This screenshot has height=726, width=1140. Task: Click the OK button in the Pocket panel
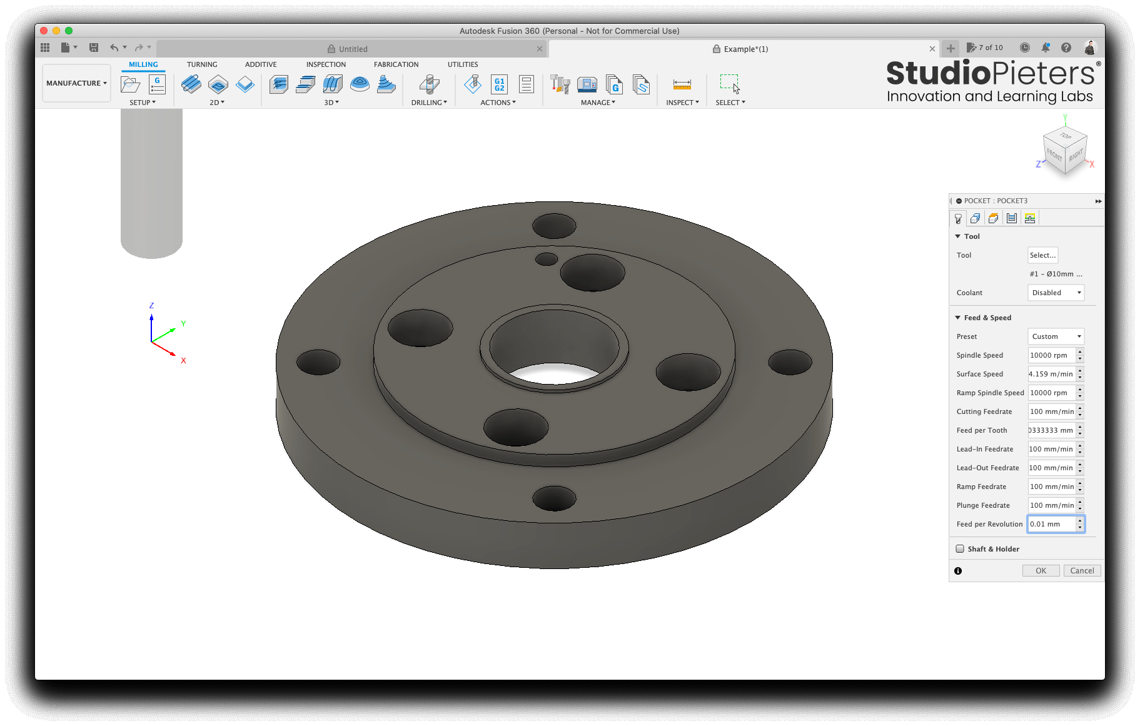click(x=1041, y=570)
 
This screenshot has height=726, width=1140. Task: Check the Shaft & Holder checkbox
click(x=960, y=548)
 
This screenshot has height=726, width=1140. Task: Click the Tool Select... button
click(x=1042, y=255)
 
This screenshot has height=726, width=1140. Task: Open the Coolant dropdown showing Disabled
click(x=1056, y=293)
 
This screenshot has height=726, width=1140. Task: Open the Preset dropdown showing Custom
click(x=1056, y=336)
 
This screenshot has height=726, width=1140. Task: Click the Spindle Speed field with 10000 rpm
click(x=1051, y=355)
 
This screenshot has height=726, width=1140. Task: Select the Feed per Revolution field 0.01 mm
click(x=1051, y=524)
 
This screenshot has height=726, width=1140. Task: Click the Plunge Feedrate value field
click(x=1051, y=505)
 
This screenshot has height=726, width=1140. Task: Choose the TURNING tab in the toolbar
click(x=202, y=64)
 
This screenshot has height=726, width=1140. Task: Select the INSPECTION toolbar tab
click(x=326, y=64)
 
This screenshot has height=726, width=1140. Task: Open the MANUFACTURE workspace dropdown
click(x=76, y=83)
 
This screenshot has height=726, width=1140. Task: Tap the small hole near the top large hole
click(x=547, y=259)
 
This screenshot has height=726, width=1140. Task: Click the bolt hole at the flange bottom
click(x=553, y=498)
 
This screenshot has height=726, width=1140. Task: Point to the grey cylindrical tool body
click(x=151, y=181)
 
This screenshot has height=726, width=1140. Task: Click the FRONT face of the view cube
click(x=1054, y=154)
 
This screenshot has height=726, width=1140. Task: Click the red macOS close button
click(x=43, y=31)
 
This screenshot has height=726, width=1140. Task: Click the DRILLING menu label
click(x=429, y=103)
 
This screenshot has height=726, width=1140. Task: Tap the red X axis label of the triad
click(x=183, y=361)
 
